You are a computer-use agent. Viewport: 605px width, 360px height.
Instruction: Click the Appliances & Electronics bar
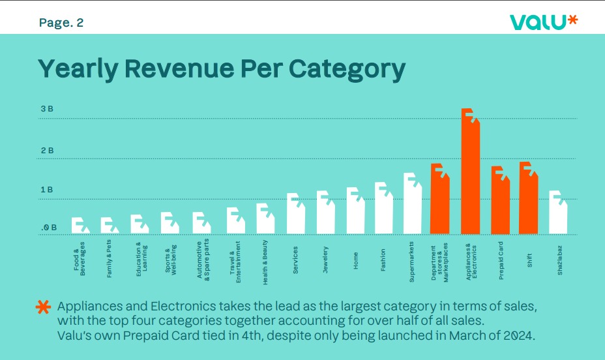click(470, 176)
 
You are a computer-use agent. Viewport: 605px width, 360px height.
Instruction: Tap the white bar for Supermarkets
click(412, 206)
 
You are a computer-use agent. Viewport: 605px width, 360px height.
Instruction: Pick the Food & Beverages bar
click(80, 226)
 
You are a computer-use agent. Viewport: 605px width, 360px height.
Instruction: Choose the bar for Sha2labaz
click(558, 215)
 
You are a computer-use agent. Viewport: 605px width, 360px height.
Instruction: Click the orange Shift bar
click(528, 201)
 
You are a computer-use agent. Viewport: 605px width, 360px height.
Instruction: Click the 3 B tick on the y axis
click(47, 109)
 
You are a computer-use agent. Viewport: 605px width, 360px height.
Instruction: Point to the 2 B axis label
click(47, 151)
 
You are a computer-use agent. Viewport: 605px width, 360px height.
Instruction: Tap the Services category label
click(295, 259)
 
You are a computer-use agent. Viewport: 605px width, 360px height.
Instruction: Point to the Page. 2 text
click(61, 23)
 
